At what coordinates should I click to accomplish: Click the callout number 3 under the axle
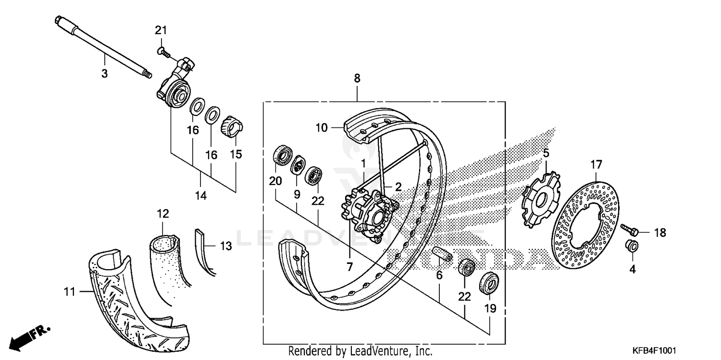pyautogui.click(x=104, y=74)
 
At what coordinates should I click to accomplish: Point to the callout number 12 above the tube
pyautogui.click(x=162, y=213)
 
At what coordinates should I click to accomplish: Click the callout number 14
pyautogui.click(x=200, y=195)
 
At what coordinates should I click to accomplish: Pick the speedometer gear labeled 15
pyautogui.click(x=233, y=128)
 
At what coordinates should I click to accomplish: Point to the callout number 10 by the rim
pyautogui.click(x=321, y=128)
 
